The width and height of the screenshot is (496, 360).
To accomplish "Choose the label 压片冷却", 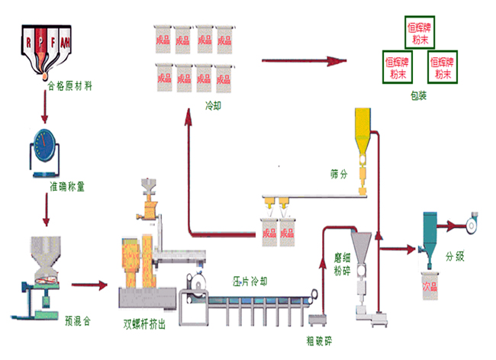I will pos(250,281).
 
